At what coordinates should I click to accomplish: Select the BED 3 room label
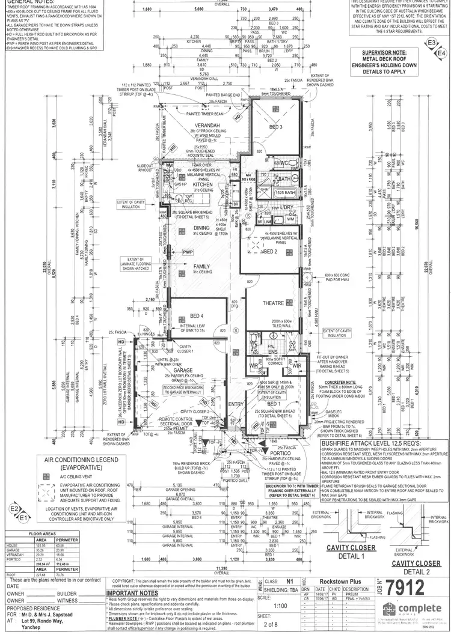[275, 128]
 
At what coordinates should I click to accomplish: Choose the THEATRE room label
[274, 303]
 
